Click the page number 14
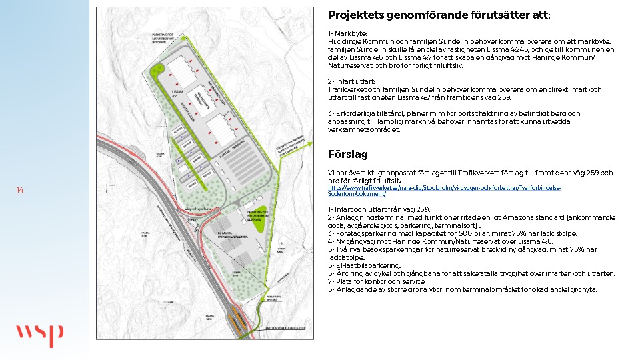tap(20, 191)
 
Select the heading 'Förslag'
tap(347, 155)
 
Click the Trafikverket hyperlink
tap(444, 191)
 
